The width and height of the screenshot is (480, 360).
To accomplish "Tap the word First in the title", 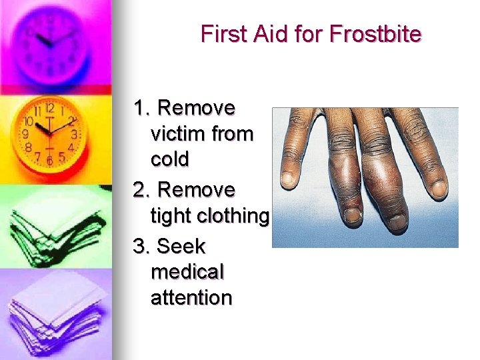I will (223, 33).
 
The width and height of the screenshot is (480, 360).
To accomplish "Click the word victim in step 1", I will (175, 134).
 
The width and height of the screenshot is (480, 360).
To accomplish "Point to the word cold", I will (170, 159).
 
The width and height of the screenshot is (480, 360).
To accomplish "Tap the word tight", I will (170, 215).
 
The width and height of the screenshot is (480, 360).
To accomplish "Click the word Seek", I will (181, 247).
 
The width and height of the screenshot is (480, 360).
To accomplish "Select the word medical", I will (188, 272).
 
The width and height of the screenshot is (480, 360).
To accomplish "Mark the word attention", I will (192, 297).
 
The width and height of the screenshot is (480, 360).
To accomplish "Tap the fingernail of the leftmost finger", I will (288, 179).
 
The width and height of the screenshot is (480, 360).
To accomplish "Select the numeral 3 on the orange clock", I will (73, 133).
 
